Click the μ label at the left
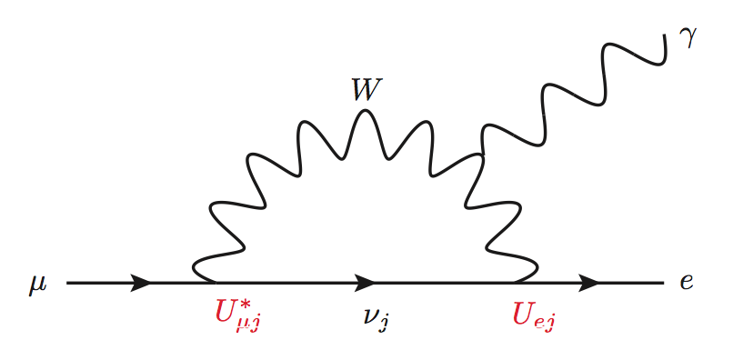point(37,285)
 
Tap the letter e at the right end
point(687,283)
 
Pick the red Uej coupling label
point(535,315)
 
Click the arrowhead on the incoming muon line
point(140,283)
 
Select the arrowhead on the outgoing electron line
point(588,283)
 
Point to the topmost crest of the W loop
point(366,111)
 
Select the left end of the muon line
point(68,283)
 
